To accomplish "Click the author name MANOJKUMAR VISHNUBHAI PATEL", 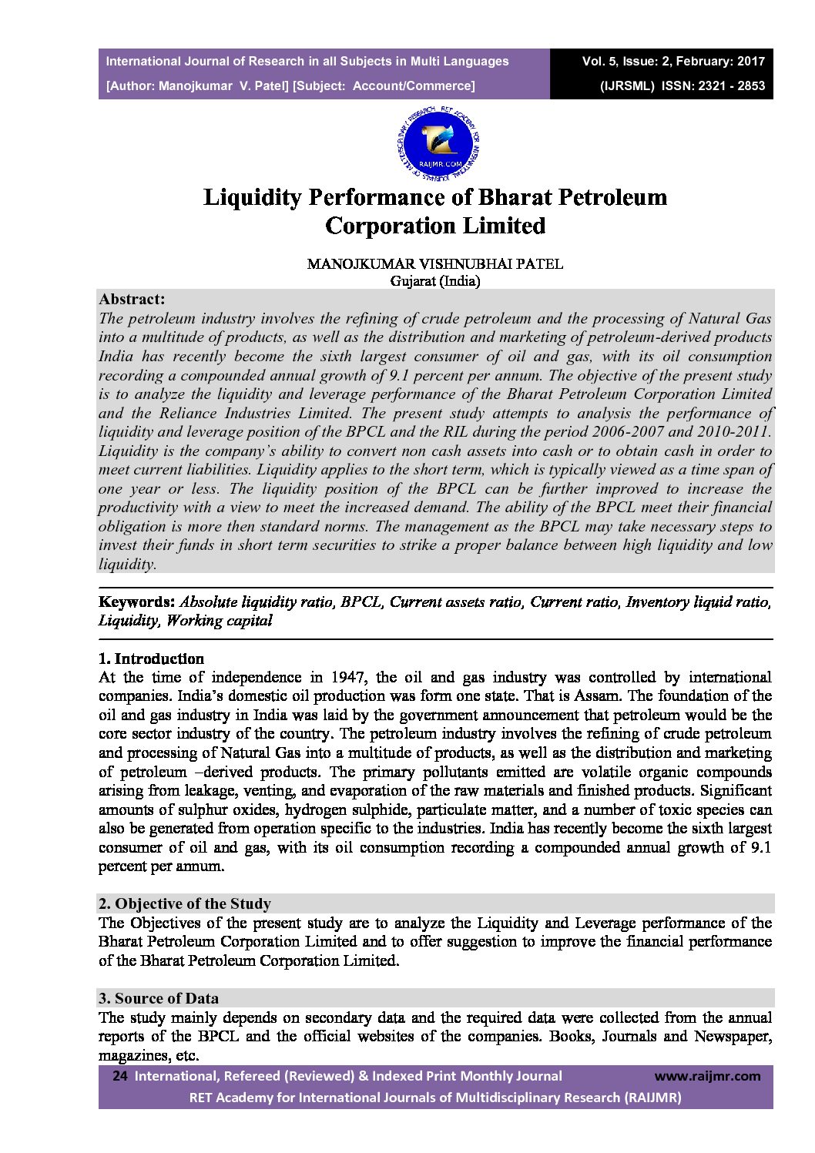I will coord(435,263).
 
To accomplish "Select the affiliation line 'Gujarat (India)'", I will coord(435,281).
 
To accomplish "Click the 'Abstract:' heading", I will coord(132,300).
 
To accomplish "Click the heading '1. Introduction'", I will coord(152,659).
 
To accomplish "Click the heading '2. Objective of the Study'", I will coord(185,903).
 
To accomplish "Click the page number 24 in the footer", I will coord(119,1076).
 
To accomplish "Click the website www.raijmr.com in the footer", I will coord(707,1076).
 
